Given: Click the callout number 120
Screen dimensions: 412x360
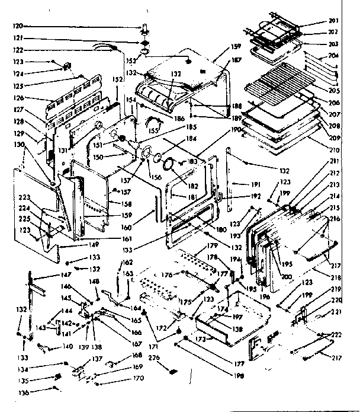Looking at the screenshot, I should pos(18,26).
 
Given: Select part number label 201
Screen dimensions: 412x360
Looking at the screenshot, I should pos(335,22).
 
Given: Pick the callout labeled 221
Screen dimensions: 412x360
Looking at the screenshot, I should pos(336,312).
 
